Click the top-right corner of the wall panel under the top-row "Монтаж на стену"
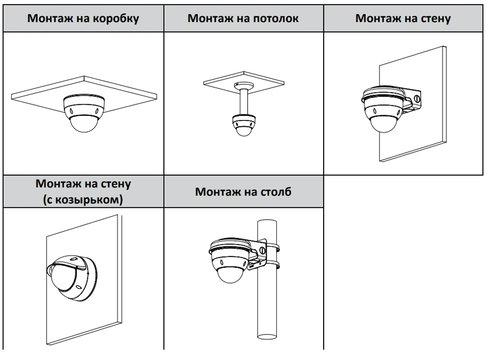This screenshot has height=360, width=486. [x=446, y=46]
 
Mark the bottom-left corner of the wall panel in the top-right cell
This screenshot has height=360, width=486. [x=380, y=161]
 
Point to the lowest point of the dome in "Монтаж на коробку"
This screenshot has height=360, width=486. [x=84, y=133]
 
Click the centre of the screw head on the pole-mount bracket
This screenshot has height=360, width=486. [x=262, y=250]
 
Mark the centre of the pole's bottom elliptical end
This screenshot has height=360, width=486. [x=267, y=335]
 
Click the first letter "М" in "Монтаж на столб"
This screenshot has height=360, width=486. [x=201, y=192]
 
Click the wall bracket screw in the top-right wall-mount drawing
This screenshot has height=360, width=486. [x=417, y=99]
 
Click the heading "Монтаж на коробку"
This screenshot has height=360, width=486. [x=83, y=18]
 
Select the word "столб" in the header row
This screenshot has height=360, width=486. [x=276, y=192]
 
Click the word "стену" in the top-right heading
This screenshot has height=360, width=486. [x=436, y=18]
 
